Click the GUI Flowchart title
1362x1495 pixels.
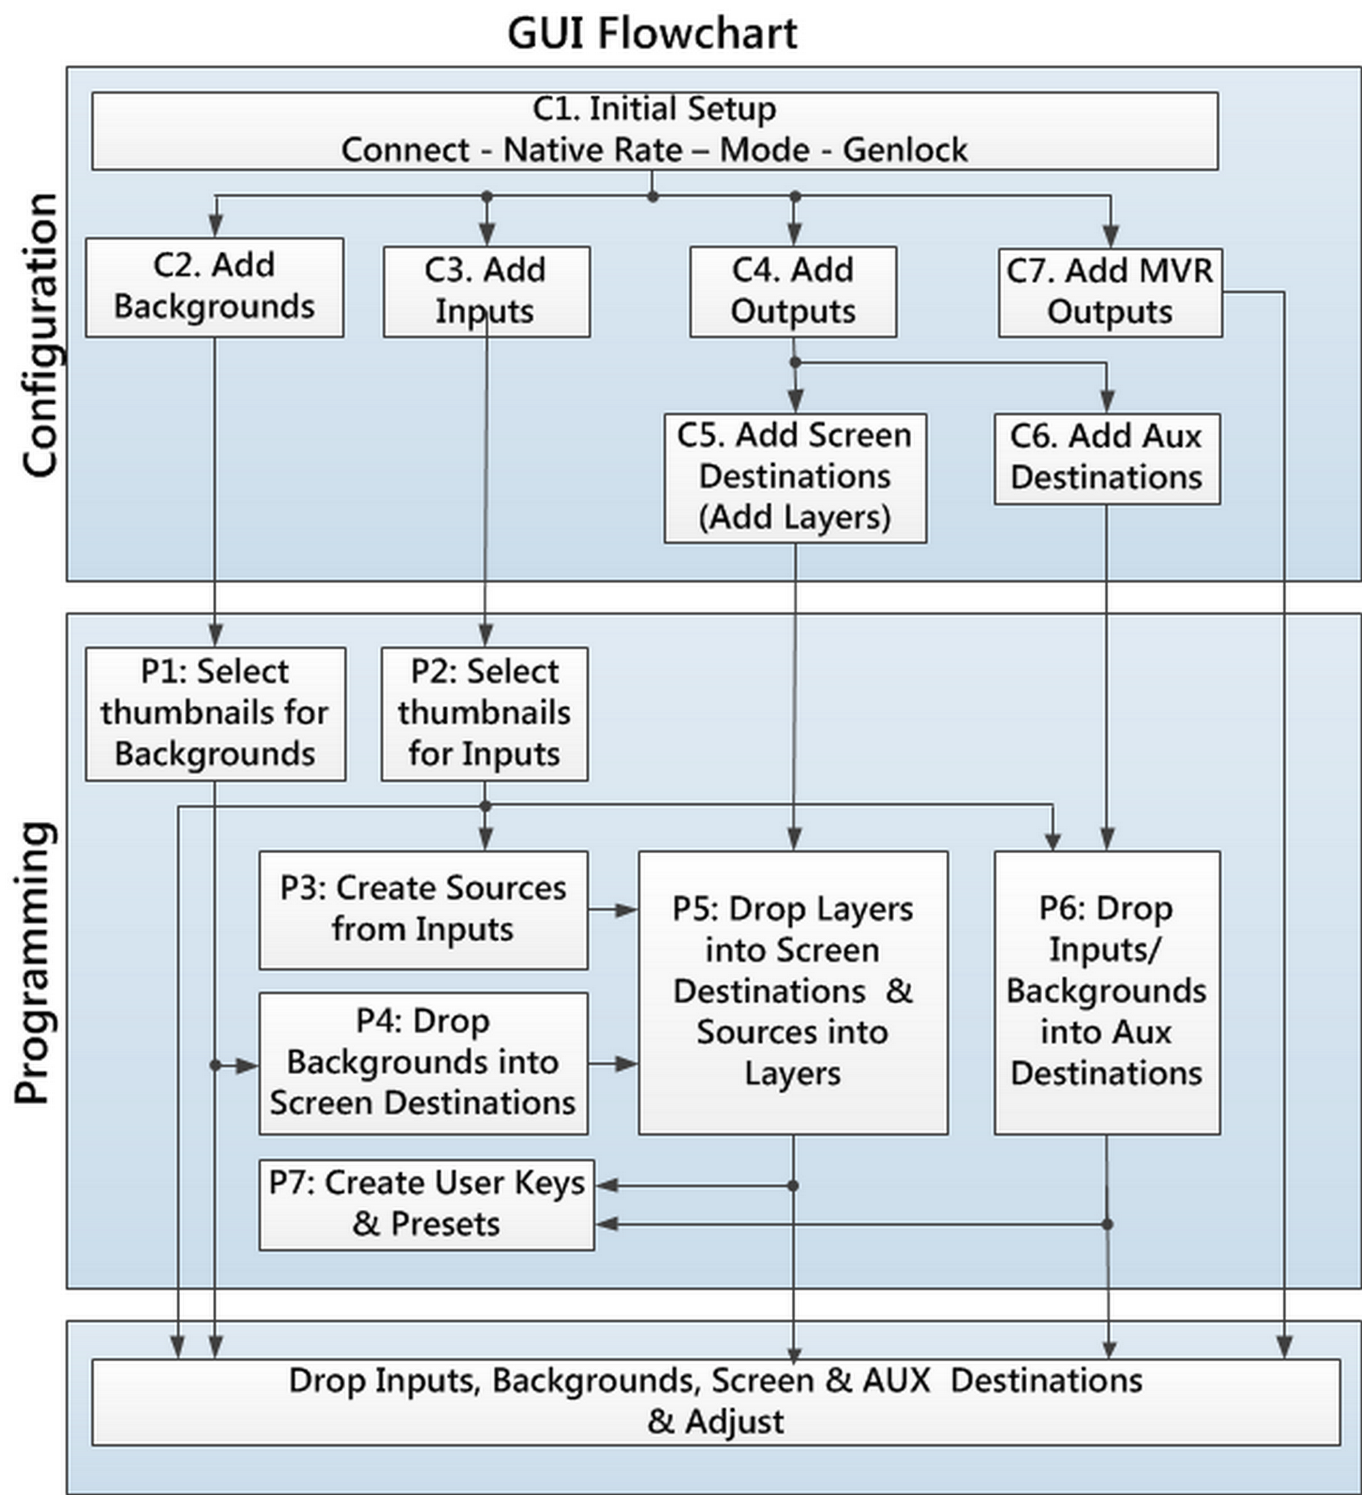652,34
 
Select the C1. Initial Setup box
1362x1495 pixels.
655,131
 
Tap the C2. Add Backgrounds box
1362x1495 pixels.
214,287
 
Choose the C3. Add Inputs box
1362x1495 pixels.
487,292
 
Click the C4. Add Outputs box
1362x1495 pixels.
793,292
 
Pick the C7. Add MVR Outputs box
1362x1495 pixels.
1110,293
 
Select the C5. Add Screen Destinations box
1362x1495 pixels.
796,478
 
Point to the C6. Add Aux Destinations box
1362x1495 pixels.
1107,459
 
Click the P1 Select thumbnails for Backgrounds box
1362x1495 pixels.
216,714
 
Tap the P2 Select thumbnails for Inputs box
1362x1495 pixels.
485,714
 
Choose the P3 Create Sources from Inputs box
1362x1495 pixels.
423,911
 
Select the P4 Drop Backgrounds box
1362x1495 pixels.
423,1063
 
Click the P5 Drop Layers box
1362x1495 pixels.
793,993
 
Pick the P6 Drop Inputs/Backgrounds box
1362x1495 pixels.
1107,993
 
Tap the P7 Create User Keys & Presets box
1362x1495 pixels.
426,1205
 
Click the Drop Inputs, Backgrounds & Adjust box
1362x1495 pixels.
716,1402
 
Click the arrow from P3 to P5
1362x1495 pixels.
613,910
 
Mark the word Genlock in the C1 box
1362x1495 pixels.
905,150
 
